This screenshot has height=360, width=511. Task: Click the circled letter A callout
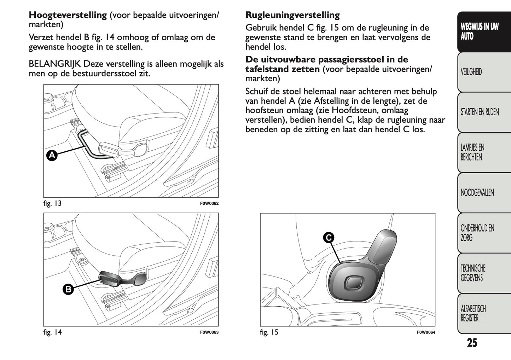click(52, 155)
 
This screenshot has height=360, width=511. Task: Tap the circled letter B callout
click(68, 289)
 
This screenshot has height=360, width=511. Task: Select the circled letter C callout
click(329, 238)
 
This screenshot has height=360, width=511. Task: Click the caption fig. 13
click(52, 203)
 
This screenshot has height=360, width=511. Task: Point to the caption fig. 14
click(52, 332)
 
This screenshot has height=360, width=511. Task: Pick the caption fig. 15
click(269, 332)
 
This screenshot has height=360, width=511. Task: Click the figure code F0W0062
click(209, 204)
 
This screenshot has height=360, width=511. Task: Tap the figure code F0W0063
click(209, 332)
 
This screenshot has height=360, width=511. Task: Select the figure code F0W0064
click(426, 332)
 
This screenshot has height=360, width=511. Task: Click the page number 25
click(472, 343)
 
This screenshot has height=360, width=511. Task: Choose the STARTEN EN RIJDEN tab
click(480, 112)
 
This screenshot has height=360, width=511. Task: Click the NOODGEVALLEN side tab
click(477, 193)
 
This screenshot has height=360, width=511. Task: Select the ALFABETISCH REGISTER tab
click(473, 313)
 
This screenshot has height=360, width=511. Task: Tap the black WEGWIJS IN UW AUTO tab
click(479, 31)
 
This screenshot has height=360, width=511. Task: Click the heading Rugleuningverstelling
click(292, 15)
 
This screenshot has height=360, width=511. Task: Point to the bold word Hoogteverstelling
click(68, 15)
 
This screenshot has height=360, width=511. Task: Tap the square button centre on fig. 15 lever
click(352, 282)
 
